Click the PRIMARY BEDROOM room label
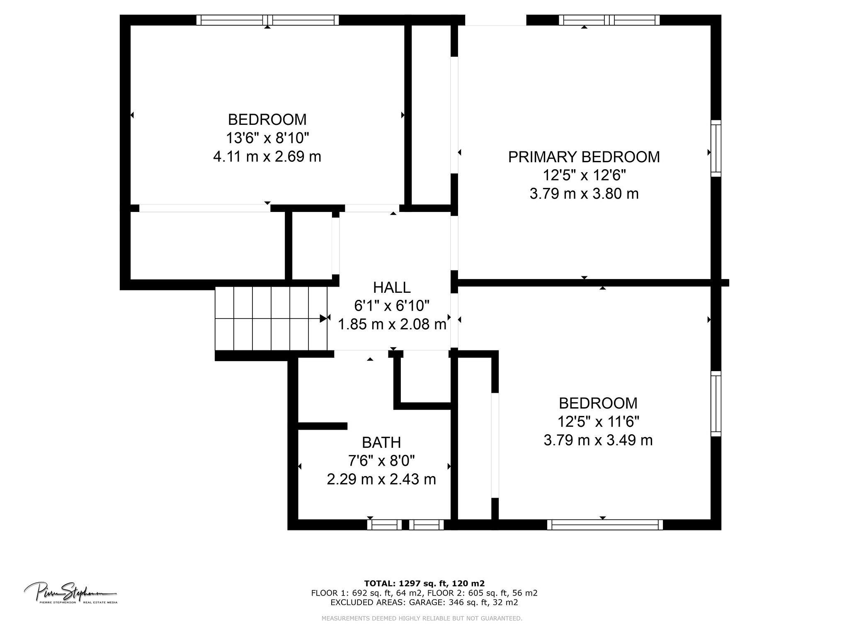pyautogui.click(x=584, y=157)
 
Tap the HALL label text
pyautogui.click(x=392, y=287)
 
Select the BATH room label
pyautogui.click(x=381, y=442)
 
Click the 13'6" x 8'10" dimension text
pyautogui.click(x=267, y=138)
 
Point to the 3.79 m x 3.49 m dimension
pyautogui.click(x=598, y=440)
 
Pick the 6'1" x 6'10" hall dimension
pyautogui.click(x=392, y=306)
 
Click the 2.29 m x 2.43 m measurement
pyautogui.click(x=381, y=479)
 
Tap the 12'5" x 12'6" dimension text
pyautogui.click(x=584, y=175)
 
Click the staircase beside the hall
pyautogui.click(x=272, y=318)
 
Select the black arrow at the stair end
pyautogui.click(x=323, y=318)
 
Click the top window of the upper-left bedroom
pyautogui.click(x=267, y=20)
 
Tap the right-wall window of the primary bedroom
pyautogui.click(x=716, y=148)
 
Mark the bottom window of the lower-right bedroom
pyautogui.click(x=605, y=525)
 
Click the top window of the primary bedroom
pyautogui.click(x=609, y=20)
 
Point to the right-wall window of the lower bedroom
pyautogui.click(x=716, y=404)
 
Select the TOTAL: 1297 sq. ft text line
pyautogui.click(x=424, y=583)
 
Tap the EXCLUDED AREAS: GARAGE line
pyautogui.click(x=424, y=603)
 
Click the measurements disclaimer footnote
pyautogui.click(x=422, y=618)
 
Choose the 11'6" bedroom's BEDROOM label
pyautogui.click(x=598, y=403)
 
